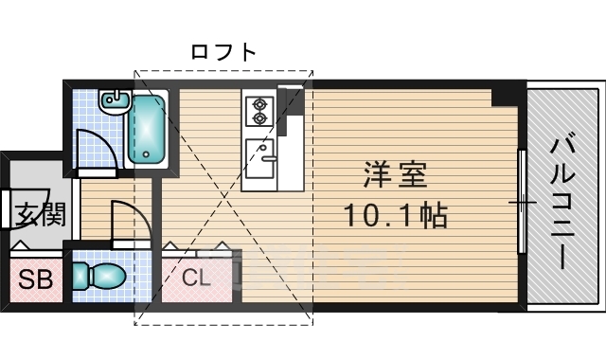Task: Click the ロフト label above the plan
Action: pyautogui.click(x=223, y=52)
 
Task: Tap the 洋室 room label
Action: pyautogui.click(x=396, y=176)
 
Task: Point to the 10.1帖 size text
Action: pyautogui.click(x=395, y=217)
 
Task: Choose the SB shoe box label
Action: pyautogui.click(x=37, y=279)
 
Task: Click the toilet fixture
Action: pyautogui.click(x=99, y=277)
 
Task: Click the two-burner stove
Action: pyautogui.click(x=258, y=109)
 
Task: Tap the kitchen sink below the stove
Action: pyautogui.click(x=259, y=152)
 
